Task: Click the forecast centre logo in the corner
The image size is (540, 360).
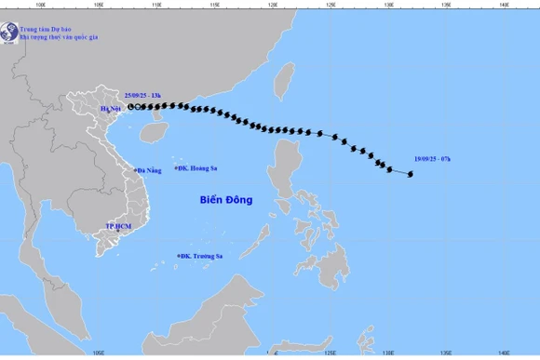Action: [10, 33]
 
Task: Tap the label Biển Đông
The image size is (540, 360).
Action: [226, 199]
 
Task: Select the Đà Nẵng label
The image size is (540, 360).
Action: [148, 170]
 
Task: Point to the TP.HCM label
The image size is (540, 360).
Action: [118, 226]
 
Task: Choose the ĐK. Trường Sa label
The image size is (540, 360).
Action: [202, 256]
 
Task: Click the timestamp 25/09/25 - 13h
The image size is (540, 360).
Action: [142, 95]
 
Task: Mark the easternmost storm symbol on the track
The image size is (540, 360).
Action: [410, 174]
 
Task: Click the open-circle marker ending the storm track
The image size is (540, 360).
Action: [130, 107]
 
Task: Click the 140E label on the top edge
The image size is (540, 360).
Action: [504, 5]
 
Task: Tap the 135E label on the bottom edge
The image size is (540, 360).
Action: [446, 353]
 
